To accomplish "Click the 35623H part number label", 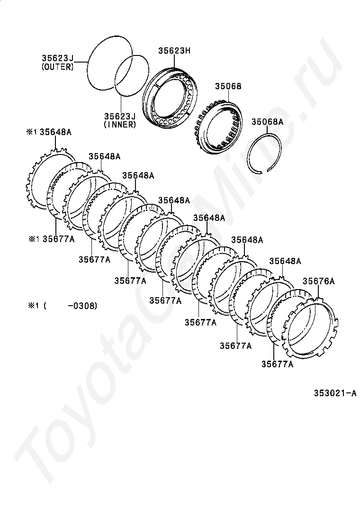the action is point(174,51).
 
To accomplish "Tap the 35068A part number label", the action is point(267,122).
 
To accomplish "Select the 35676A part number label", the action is point(319,281).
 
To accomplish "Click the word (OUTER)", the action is point(57,66).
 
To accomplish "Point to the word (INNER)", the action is point(120,124).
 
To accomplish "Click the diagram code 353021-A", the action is point(335,393).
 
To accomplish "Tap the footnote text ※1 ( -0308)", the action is point(63,306).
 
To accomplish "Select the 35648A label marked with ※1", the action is point(49,132).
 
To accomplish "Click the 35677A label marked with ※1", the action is point(51,239).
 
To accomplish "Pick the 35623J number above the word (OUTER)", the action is point(57,58).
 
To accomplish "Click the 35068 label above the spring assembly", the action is point(228,86).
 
